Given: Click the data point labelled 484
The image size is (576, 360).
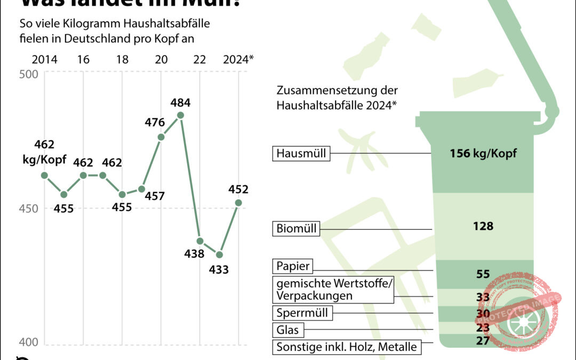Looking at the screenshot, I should pos(180,115).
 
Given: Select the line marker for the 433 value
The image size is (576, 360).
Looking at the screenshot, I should pos(219,254).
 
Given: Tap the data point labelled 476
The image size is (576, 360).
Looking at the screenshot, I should pos(161,137).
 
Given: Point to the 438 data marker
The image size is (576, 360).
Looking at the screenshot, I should pos(200,241).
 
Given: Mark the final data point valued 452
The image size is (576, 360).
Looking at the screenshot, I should pos(238,203).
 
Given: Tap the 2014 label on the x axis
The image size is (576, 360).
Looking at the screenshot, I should pos(45,60).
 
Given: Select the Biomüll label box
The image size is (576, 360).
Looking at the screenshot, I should pos(297,229).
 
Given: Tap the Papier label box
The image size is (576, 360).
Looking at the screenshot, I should pos(293,266).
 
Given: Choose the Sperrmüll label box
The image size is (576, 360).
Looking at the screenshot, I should pos(302,313).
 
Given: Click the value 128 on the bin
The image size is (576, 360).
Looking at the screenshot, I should pos(483,226).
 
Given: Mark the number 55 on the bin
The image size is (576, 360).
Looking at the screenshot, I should pos(483,274).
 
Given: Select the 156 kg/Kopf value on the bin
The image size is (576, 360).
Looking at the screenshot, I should pos(483,154).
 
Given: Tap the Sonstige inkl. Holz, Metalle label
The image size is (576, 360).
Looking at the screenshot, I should pos(346,347).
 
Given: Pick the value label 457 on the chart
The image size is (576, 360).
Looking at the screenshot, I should pos(154,196).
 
